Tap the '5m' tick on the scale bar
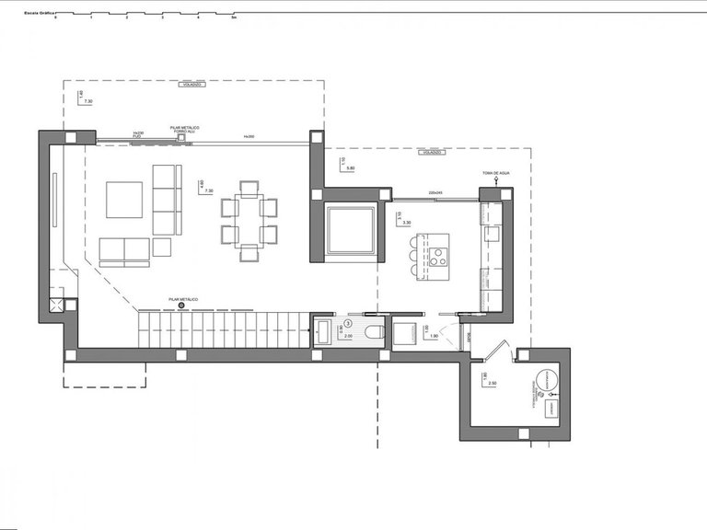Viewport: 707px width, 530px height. click(234, 17)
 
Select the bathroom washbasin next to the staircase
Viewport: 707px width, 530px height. click(324, 330)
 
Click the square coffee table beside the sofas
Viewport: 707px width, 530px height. click(124, 200)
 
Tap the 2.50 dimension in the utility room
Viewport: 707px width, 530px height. click(493, 382)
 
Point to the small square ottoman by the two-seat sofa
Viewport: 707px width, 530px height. click(162, 247)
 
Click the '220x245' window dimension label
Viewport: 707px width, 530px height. click(436, 192)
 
